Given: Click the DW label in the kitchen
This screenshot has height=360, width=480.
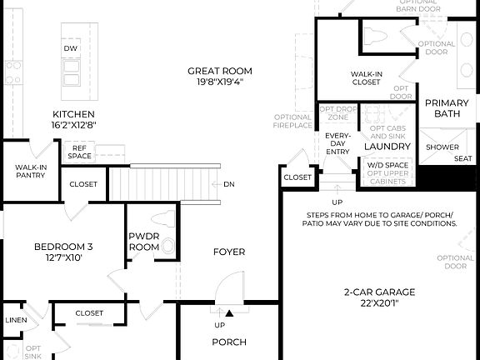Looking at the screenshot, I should (71, 49).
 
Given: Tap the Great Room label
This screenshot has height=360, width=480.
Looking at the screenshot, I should (219, 72).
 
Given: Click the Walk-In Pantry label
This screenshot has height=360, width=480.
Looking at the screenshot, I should (29, 172).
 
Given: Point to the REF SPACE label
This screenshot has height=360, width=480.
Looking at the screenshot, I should (80, 152).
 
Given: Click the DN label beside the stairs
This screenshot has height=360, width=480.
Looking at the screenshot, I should (228, 184).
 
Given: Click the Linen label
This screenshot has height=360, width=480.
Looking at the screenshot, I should (15, 320).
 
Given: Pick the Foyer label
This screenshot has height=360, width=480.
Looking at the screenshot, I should (228, 252).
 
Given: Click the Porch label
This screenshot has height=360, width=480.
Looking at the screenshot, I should (228, 342).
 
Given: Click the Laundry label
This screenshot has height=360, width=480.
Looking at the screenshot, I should (387, 147).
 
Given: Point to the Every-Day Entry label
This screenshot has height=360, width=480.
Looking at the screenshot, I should (337, 143).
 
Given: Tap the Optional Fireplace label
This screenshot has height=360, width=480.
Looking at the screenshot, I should (292, 122).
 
